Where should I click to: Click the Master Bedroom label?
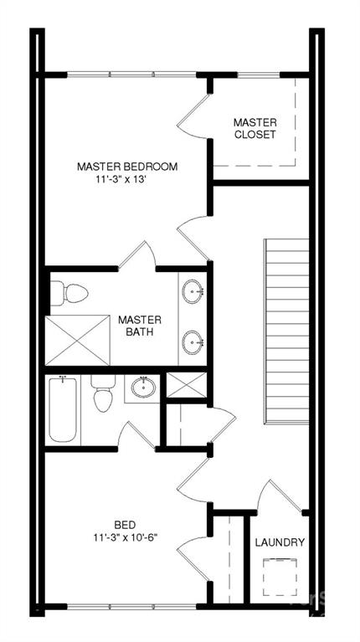pyautogui.click(x=127, y=167)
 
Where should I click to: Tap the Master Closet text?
pyautogui.click(x=255, y=128)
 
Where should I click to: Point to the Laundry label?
pyautogui.click(x=280, y=542)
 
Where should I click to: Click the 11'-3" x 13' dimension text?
pyautogui.click(x=116, y=180)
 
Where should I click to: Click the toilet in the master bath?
pyautogui.click(x=69, y=293)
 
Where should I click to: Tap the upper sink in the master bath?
pyautogui.click(x=193, y=291)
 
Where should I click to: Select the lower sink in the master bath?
pyautogui.click(x=193, y=342)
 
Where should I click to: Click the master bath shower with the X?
pyautogui.click(x=78, y=340)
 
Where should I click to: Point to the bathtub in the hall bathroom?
pyautogui.click(x=63, y=409)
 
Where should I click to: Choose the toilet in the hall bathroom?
pyautogui.click(x=103, y=393)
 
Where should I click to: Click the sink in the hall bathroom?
pyautogui.click(x=143, y=387)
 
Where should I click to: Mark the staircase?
pyautogui.click(x=286, y=331)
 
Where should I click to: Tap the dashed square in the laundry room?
pyautogui.click(x=280, y=577)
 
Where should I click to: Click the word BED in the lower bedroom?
pyautogui.click(x=125, y=525)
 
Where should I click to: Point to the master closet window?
pyautogui.click(x=259, y=75)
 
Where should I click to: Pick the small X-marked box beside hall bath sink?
pyautogui.click(x=187, y=385)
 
